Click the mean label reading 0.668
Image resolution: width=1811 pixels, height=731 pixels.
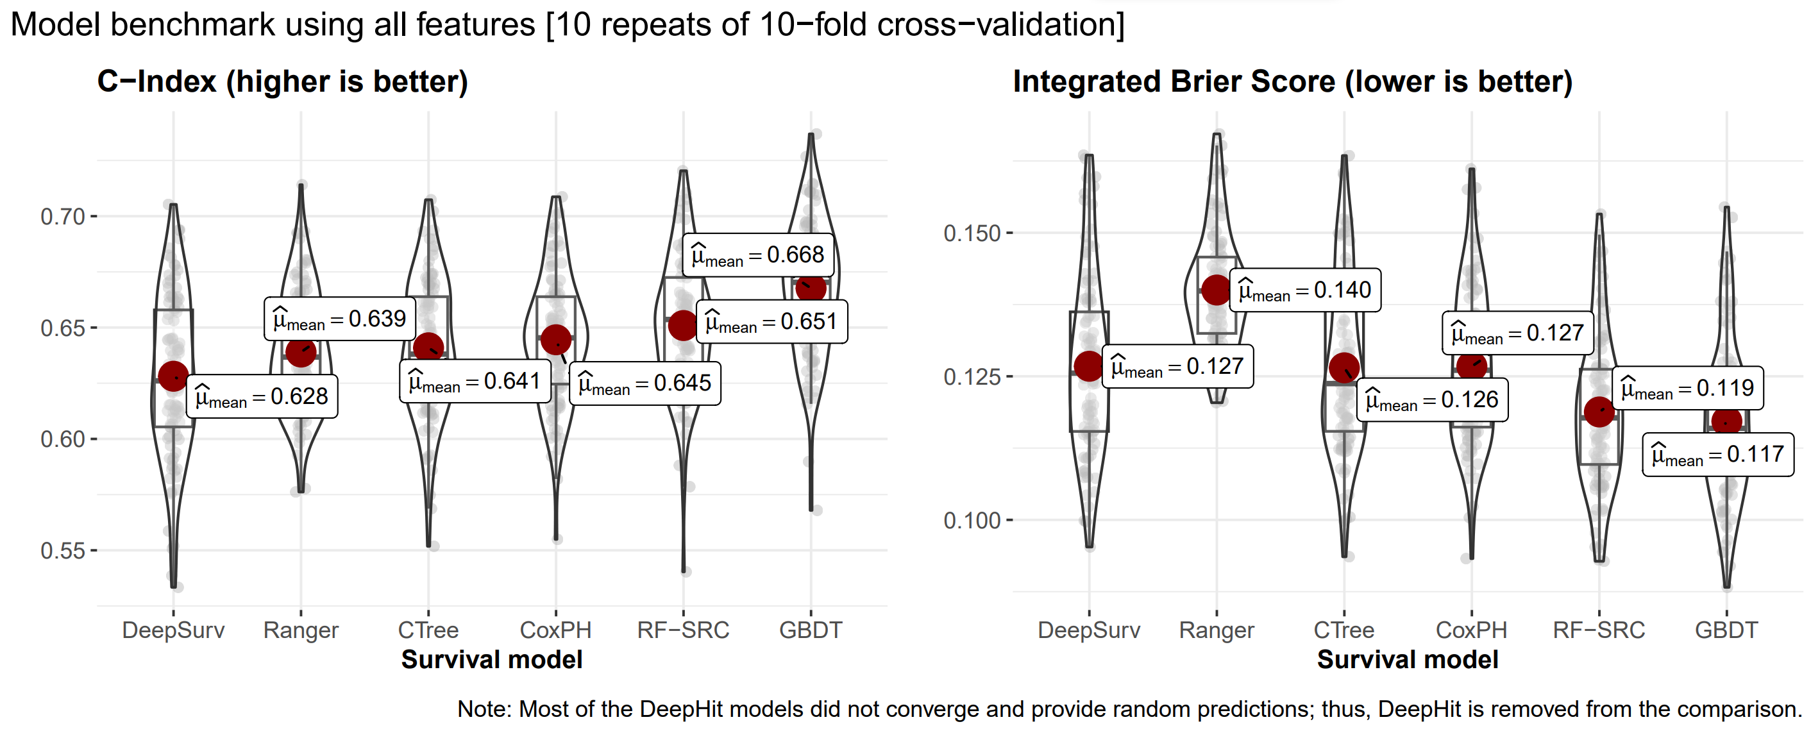(x=758, y=255)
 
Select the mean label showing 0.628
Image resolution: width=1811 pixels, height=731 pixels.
(x=262, y=397)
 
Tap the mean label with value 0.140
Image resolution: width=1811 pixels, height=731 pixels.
(x=1305, y=290)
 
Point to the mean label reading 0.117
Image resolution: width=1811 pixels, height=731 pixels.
(x=1717, y=455)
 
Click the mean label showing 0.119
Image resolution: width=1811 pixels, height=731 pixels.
(x=1687, y=388)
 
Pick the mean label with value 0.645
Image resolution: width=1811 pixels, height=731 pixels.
(x=644, y=383)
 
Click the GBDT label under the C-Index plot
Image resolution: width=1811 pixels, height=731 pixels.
(x=811, y=630)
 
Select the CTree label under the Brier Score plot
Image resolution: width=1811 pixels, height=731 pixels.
(x=1344, y=630)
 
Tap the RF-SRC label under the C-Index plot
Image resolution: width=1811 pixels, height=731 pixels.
(x=682, y=630)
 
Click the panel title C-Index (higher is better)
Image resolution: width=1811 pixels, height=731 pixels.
(x=283, y=81)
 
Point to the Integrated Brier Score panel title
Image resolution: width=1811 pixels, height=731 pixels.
(x=1292, y=81)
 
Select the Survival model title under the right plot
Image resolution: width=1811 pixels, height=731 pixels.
(x=1408, y=660)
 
